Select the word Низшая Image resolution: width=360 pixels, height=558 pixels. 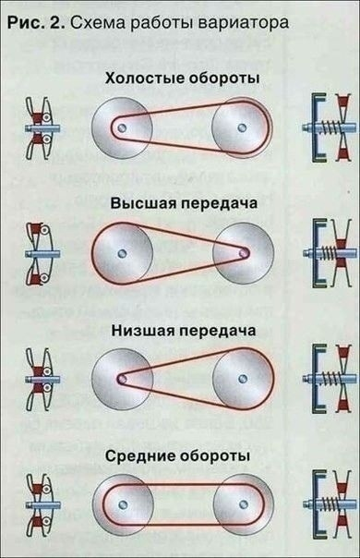click(146, 329)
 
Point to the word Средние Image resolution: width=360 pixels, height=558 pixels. click(145, 456)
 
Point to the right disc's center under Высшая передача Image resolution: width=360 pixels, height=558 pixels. click(245, 252)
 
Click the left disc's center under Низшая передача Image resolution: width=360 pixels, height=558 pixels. click(121, 377)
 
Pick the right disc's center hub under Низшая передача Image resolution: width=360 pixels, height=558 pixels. click(243, 377)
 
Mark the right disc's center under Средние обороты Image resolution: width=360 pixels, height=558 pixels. click(244, 503)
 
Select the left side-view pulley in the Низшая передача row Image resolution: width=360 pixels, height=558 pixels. click(39, 377)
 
